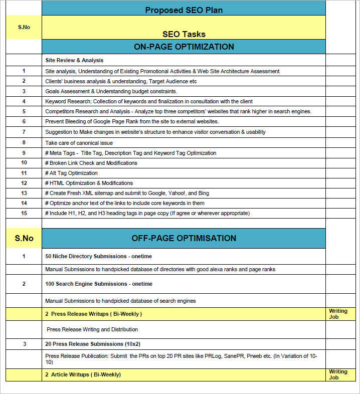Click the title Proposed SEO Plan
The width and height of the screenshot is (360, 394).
[x=184, y=10]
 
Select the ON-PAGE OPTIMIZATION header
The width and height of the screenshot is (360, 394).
[x=184, y=47]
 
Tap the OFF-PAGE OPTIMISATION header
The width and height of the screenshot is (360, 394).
[x=184, y=238]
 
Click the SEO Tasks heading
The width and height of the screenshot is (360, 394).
[x=184, y=34]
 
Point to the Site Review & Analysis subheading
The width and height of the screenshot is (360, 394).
[x=74, y=60]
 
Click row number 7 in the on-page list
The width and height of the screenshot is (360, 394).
[x=24, y=132]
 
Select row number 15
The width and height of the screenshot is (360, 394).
[x=24, y=213]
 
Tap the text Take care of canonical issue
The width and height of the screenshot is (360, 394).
[x=79, y=143]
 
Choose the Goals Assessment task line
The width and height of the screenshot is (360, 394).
[x=111, y=91]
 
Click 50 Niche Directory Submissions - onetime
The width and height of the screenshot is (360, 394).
[x=98, y=256]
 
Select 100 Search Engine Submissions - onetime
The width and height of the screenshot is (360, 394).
[x=99, y=284]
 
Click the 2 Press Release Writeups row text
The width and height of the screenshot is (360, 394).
[x=93, y=314]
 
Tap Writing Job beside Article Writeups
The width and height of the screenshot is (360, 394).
[x=338, y=374]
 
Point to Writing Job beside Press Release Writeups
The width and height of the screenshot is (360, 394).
[x=338, y=314]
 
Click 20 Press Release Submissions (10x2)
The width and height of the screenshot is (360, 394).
[x=93, y=344]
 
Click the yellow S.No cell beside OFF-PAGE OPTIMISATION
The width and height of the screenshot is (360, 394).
[x=24, y=238]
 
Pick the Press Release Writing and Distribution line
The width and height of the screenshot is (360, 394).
[x=92, y=329]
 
